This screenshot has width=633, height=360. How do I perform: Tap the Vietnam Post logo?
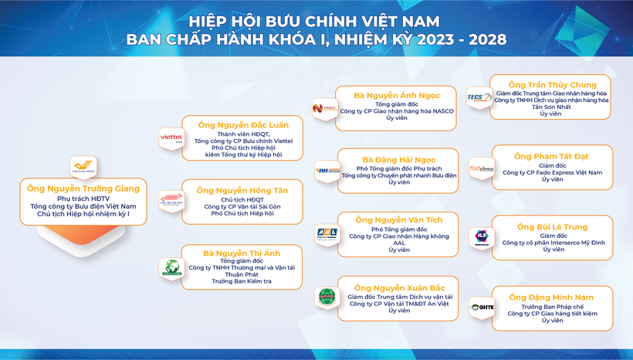pos(82,166)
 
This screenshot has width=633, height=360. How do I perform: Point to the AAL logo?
pos(326,233)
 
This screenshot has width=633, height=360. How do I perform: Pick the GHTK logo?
pos(482,307)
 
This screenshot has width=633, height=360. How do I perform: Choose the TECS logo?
pos(479,97)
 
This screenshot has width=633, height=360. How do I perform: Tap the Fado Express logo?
pos(482,168)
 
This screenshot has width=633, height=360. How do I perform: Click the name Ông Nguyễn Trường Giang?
pos(83,188)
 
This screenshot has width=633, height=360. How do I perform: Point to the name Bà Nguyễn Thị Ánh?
pos(242,253)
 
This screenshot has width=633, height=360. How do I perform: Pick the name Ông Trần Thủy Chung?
pos(552,84)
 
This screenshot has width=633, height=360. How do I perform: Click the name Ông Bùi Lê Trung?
pos(553,226)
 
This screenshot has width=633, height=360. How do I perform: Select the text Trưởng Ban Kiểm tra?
pos(242,282)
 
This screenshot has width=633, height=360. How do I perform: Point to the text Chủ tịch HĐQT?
pos(242,199)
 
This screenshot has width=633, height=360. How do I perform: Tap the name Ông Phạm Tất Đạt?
pos(552,155)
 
